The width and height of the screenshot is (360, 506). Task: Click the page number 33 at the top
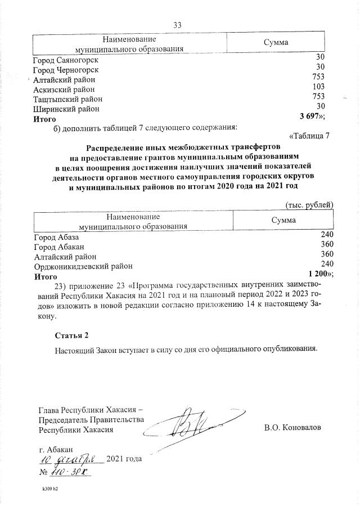178,25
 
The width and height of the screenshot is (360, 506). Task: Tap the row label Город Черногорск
66,69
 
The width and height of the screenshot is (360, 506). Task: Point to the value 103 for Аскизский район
319,87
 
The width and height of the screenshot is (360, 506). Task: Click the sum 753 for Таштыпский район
319,97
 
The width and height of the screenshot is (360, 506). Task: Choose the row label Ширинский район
66,109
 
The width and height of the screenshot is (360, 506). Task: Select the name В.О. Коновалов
292,427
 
